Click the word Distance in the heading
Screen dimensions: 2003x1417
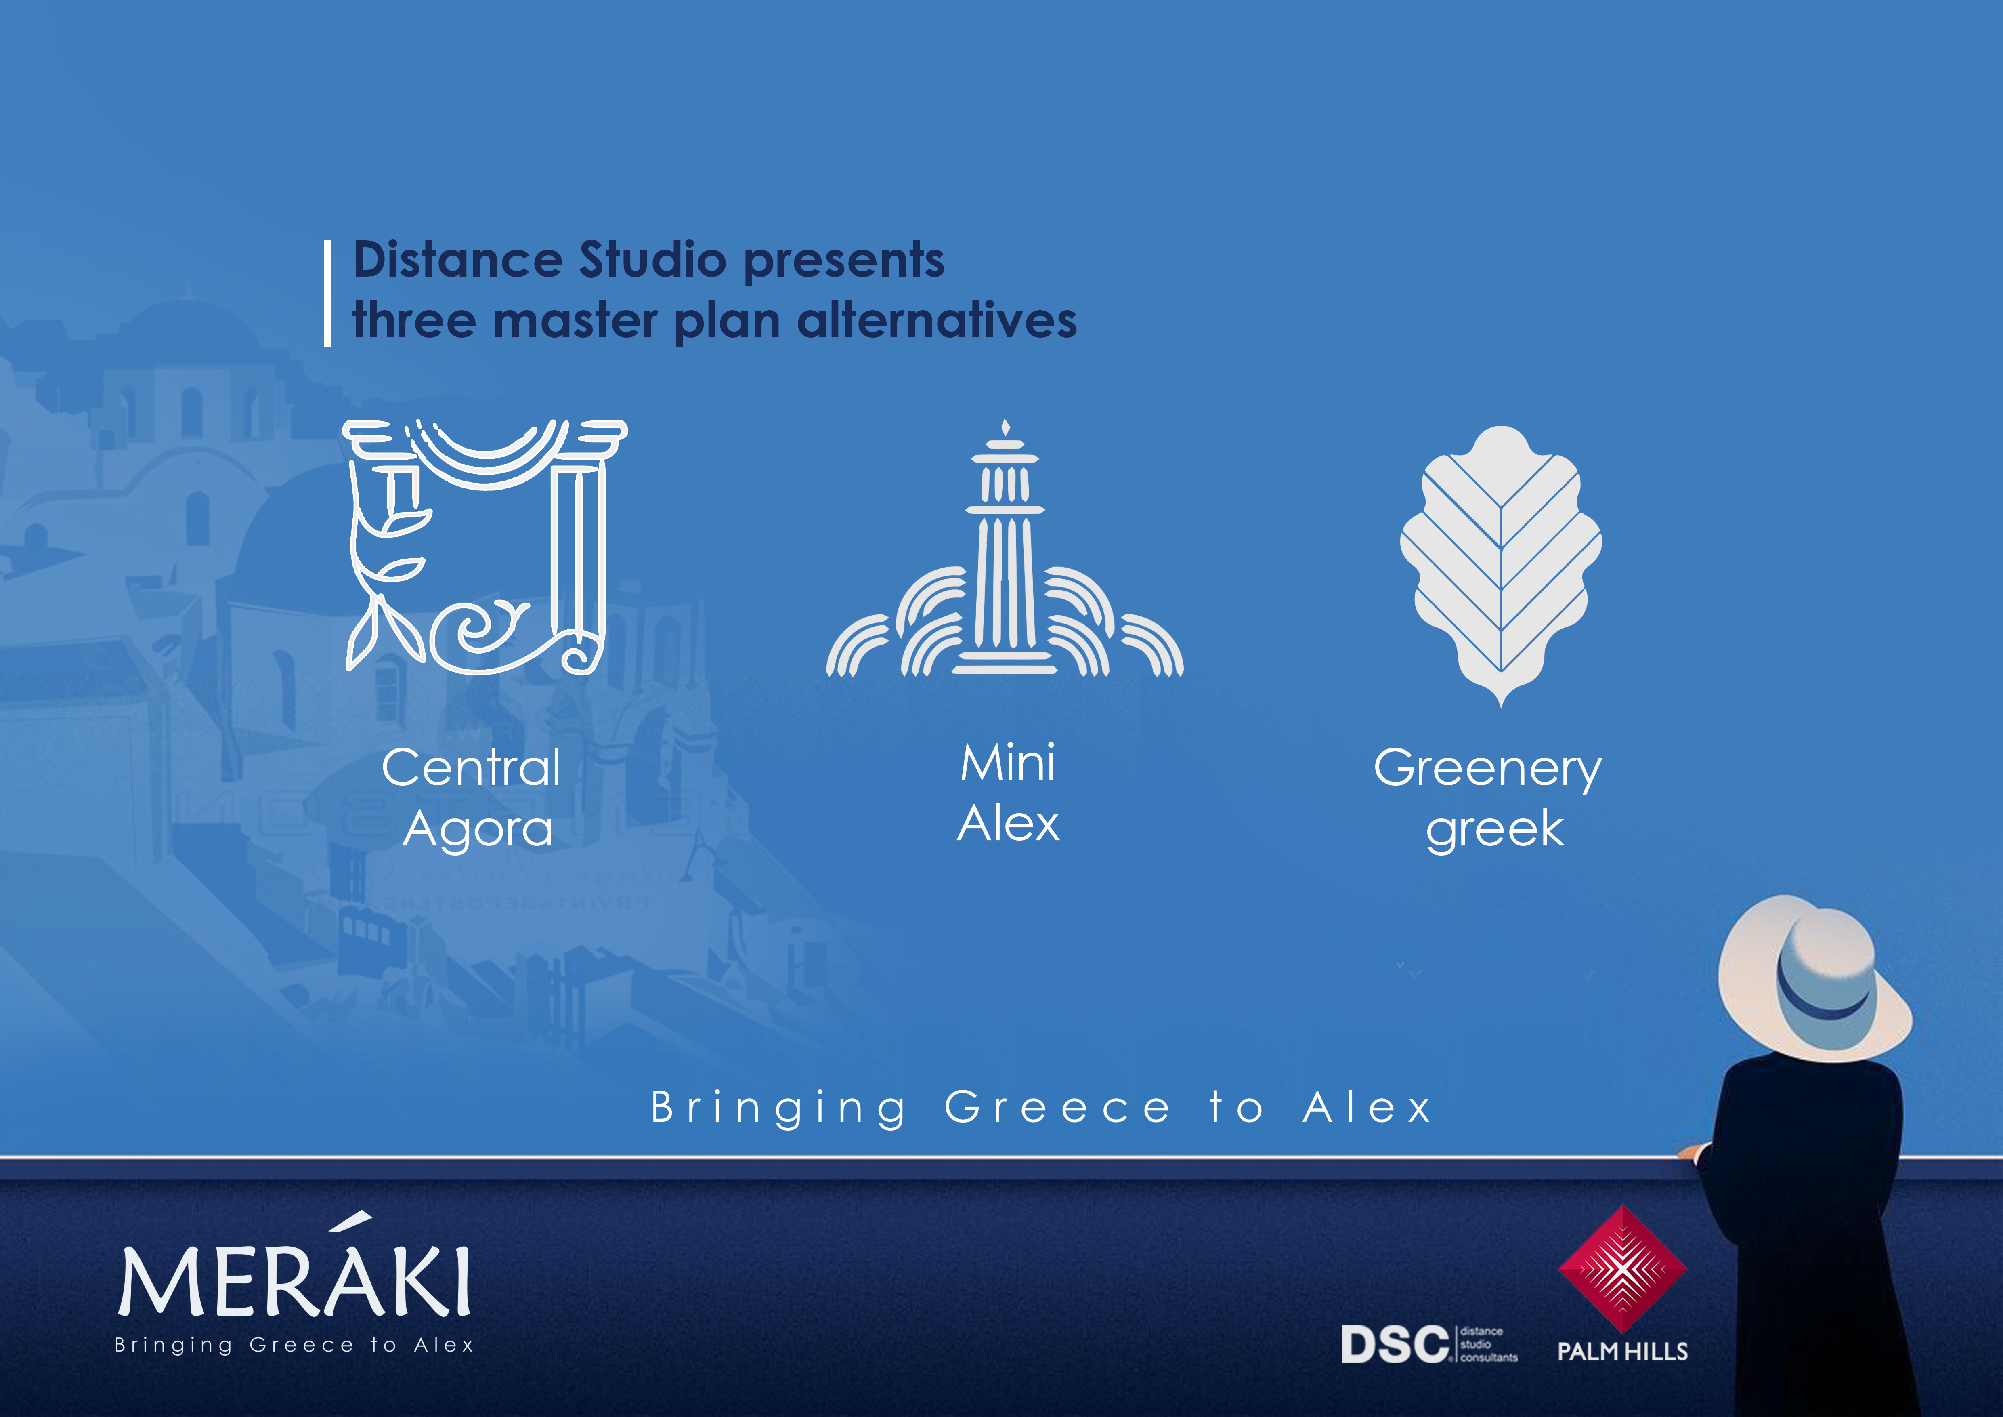coord(458,260)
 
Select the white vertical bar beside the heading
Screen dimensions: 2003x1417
coord(328,294)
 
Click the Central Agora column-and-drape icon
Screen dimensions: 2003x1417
coord(485,547)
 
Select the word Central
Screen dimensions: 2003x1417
coord(471,768)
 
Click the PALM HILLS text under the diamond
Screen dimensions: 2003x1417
coord(1623,1352)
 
